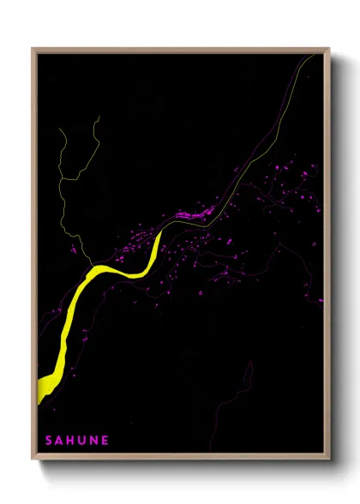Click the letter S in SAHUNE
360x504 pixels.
pos(49,441)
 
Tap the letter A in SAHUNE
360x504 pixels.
pos(61,441)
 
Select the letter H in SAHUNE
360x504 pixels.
pos(73,441)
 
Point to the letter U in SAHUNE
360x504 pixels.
pos(84,441)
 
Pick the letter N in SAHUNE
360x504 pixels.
pos(95,441)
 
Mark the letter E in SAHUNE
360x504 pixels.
pos(105,441)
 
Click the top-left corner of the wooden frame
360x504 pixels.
pos(33,49)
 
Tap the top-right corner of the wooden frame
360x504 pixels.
pos(330,49)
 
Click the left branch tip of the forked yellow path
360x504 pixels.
pos(63,129)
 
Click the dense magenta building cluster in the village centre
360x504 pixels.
pos(192,213)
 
